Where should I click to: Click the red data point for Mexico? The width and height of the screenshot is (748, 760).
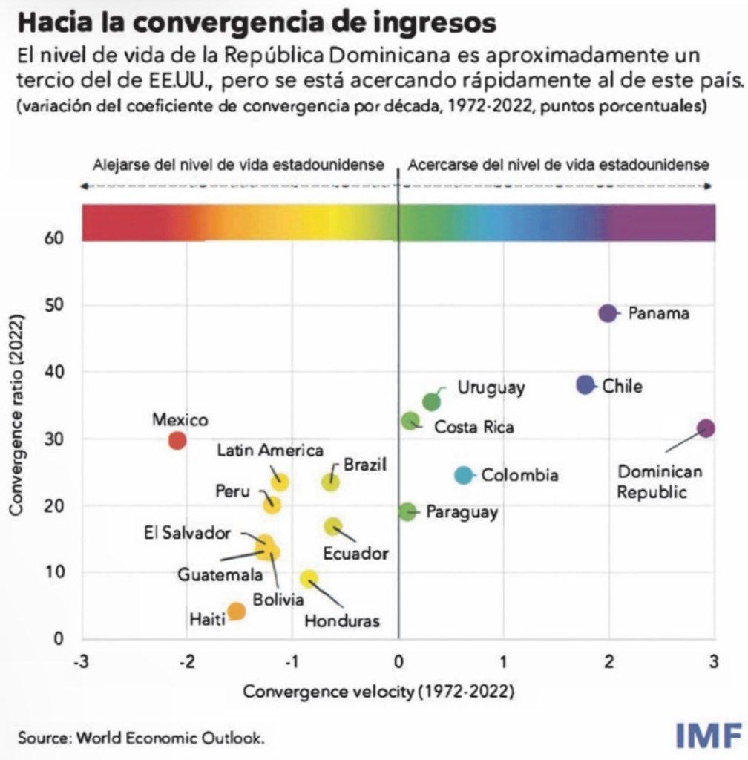177,440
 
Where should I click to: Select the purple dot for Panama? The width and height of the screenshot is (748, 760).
608,313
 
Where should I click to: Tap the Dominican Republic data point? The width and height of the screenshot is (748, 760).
706,428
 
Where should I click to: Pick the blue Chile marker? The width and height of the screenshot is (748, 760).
585,385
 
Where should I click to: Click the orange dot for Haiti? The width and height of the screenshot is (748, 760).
237,612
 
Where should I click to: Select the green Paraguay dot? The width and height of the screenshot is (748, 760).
407,511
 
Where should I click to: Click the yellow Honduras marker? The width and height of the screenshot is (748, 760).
309,579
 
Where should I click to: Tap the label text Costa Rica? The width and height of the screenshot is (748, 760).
473,427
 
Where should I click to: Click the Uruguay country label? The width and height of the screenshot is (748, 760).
491,387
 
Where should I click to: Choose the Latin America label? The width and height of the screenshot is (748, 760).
270,451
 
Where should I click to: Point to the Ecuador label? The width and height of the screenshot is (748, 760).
356,554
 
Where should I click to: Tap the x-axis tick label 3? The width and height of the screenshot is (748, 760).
714,662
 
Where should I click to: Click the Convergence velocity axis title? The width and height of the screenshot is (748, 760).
378,692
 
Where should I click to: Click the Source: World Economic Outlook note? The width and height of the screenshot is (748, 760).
141,738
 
